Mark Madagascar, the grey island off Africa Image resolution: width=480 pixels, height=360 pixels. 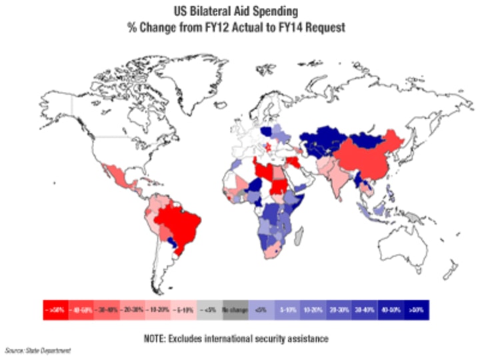299,235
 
